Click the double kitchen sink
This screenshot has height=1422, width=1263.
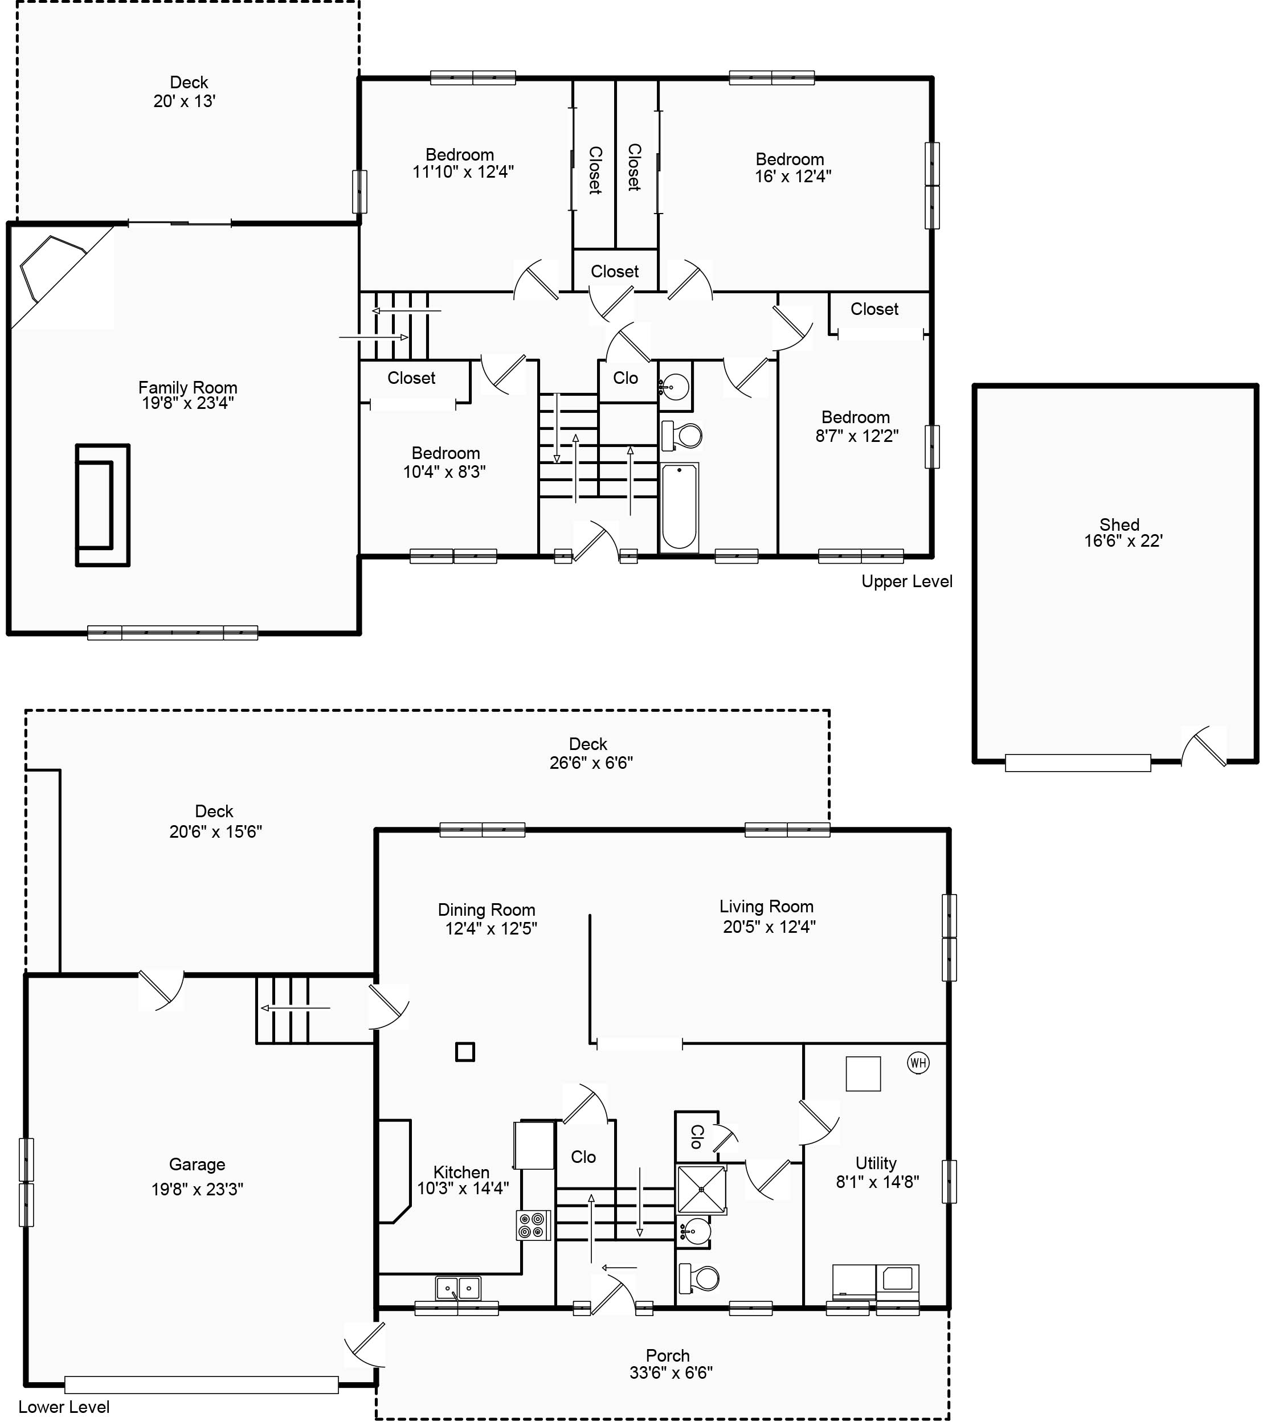(458, 1288)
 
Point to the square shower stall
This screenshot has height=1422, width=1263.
(701, 1190)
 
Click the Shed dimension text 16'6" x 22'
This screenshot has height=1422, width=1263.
(1123, 540)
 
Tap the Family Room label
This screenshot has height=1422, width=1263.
(187, 387)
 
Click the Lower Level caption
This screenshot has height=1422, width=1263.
(64, 1407)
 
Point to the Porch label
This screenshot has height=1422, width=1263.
(667, 1355)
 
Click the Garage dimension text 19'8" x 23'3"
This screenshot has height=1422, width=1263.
(197, 1189)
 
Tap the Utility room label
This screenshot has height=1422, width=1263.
(876, 1162)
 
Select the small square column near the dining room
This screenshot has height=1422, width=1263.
(465, 1051)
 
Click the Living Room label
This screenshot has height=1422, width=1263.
(766, 907)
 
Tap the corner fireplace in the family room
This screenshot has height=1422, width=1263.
(52, 268)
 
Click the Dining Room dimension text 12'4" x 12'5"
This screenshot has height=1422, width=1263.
(491, 928)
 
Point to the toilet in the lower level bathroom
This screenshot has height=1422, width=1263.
(700, 1277)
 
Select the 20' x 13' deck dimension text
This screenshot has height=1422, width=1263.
(185, 101)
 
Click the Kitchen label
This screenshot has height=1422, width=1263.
(461, 1172)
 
